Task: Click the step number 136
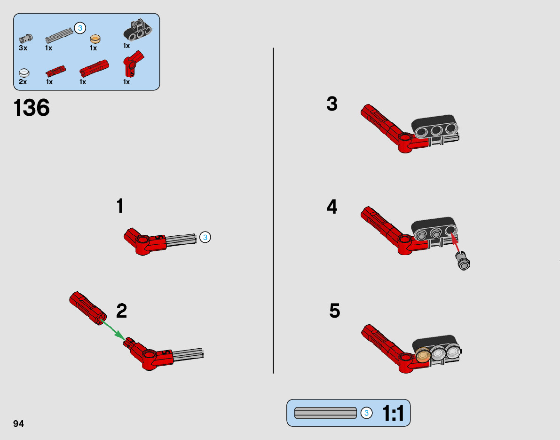tap(32, 108)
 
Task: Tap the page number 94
tap(18, 424)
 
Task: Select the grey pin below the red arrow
tap(463, 261)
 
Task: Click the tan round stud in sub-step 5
tap(424, 354)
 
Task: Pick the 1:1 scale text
tap(393, 413)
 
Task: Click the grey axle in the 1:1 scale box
tap(325, 413)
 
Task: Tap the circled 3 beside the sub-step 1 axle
tap(205, 237)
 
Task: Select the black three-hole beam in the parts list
tap(137, 30)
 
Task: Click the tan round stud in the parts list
tap(95, 39)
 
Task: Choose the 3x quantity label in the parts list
tap(23, 48)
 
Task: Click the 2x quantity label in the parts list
tap(23, 82)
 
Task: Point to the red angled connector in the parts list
tap(133, 64)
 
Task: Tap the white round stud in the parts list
tap(24, 72)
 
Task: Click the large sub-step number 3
tap(332, 104)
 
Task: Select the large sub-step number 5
tap(335, 311)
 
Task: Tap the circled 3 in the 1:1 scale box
tap(366, 413)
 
